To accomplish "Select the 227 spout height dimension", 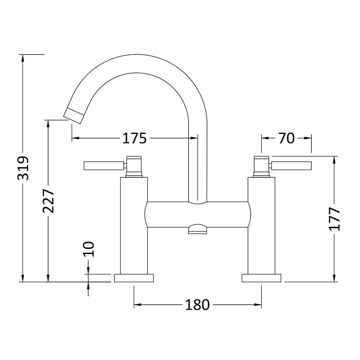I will pyautogui.click(x=49, y=201).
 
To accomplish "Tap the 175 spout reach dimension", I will pyautogui.click(x=135, y=139).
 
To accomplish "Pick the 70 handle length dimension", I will pyautogui.click(x=286, y=139).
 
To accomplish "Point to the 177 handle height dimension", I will pyautogui.click(x=334, y=219).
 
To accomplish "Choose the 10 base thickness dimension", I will pyautogui.click(x=89, y=248).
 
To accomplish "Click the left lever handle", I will pyautogui.click(x=103, y=166).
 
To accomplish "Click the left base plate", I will pyautogui.click(x=134, y=278).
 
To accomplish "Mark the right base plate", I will pyautogui.click(x=262, y=278).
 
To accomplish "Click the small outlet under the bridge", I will pyautogui.click(x=198, y=230).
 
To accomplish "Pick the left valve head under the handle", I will pyautogui.click(x=134, y=166).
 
